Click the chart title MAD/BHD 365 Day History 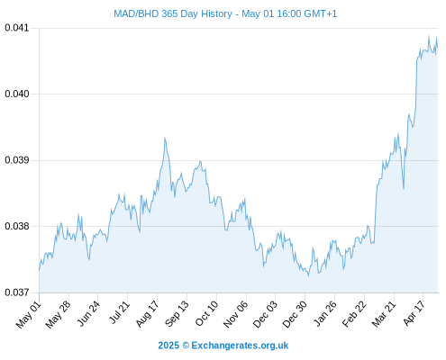click(173, 13)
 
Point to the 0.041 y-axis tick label click(17, 28)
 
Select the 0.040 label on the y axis click(17, 94)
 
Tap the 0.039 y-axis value click(17, 160)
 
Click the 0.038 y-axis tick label click(17, 226)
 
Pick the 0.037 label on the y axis click(17, 292)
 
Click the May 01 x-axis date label click(29, 314)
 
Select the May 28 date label click(59, 314)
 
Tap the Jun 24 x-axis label click(87, 314)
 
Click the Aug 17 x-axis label click(147, 314)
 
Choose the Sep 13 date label click(177, 314)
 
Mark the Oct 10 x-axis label click(206, 314)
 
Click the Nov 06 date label click(236, 314)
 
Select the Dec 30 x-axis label click(295, 314)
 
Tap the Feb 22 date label click(354, 314)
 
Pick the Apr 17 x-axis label click(414, 313)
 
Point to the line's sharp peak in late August click(165, 138)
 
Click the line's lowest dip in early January click(308, 276)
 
